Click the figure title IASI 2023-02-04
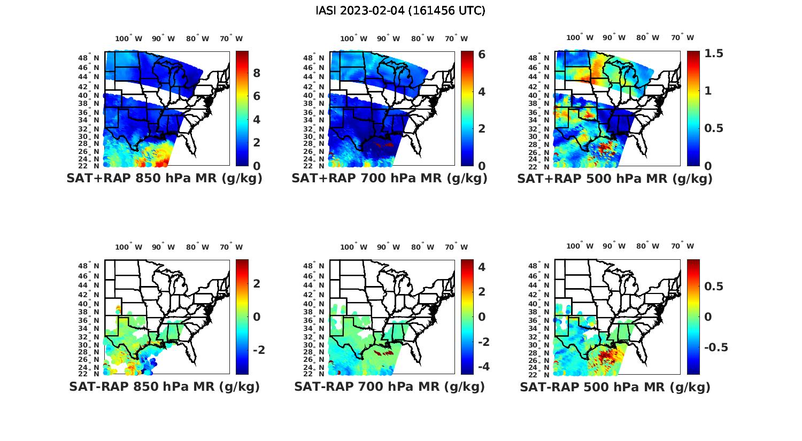tap(400, 11)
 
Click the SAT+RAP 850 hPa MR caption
tap(164, 179)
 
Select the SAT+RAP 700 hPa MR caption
tap(389, 179)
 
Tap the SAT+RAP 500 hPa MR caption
tap(615, 179)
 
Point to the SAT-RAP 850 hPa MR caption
tap(164, 386)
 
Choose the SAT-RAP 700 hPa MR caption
tap(389, 386)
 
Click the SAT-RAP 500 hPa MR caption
tap(615, 386)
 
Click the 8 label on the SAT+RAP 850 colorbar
tap(257, 73)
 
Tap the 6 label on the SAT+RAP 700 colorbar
tap(482, 55)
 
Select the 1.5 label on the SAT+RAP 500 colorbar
tap(714, 53)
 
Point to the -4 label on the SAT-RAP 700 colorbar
tap(483, 367)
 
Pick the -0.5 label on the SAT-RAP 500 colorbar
tap(716, 347)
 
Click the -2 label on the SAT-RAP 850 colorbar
tap(259, 350)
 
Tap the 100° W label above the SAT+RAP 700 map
tap(353, 38)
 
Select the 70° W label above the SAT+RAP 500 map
tap(682, 37)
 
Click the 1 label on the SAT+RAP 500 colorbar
tap(708, 91)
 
